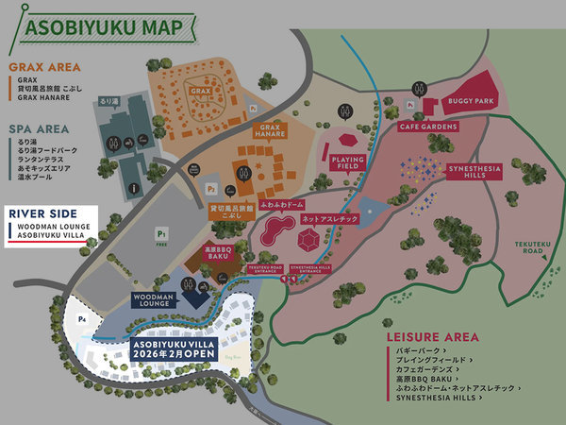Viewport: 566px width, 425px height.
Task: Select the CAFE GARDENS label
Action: (x=428, y=127)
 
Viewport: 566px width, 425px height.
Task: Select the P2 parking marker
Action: (x=211, y=188)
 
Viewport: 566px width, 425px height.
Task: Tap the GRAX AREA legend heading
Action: (x=43, y=67)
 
